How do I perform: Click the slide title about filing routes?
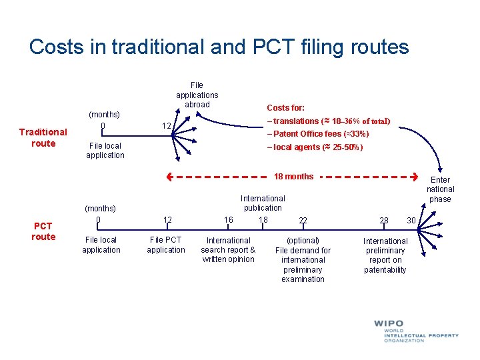click(x=219, y=47)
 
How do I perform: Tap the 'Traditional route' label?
click(x=43, y=137)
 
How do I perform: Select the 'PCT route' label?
click(x=43, y=231)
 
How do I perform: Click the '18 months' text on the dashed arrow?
click(x=293, y=177)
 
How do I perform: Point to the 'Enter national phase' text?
click(x=440, y=189)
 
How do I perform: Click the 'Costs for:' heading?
click(x=285, y=107)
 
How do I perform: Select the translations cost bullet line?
click(x=328, y=121)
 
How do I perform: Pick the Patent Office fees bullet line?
click(x=317, y=134)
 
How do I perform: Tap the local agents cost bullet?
click(x=315, y=147)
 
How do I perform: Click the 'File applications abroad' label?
click(x=197, y=95)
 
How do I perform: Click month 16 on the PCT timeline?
click(x=229, y=220)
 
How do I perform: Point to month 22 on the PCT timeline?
click(x=303, y=221)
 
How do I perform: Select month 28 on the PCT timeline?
click(x=384, y=221)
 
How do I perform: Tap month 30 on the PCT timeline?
click(x=411, y=221)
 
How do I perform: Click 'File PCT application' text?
click(x=166, y=245)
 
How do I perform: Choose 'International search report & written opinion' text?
click(x=228, y=249)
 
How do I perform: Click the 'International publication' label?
click(x=263, y=203)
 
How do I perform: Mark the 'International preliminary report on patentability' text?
click(x=385, y=255)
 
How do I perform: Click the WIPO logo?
click(x=399, y=331)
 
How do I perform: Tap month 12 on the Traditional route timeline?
click(x=167, y=126)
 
